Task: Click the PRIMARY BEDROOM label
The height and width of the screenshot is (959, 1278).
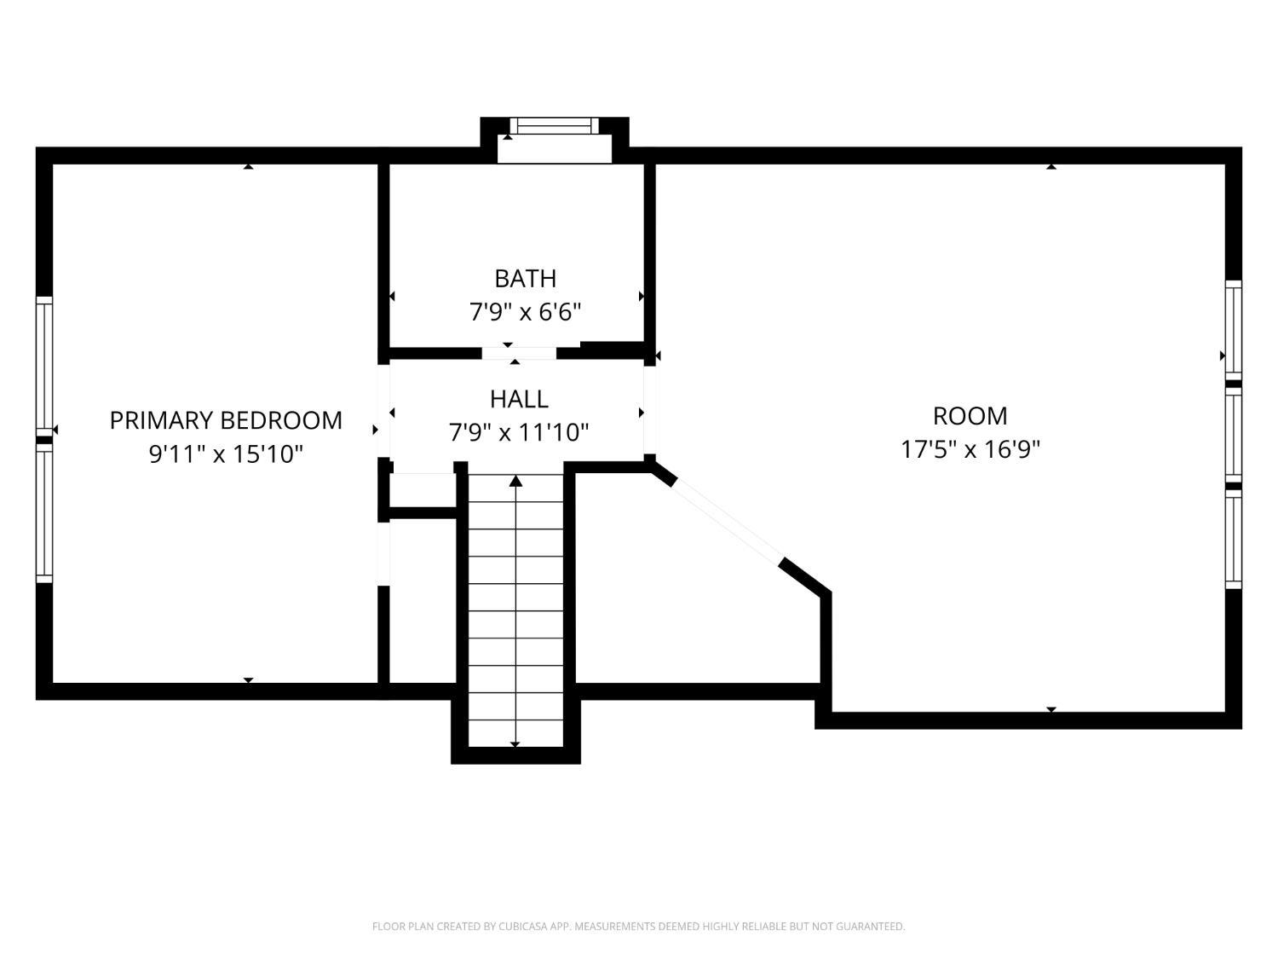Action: pos(226,420)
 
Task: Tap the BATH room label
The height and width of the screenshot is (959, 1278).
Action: pos(525,279)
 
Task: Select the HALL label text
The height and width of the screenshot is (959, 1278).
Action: pos(519,400)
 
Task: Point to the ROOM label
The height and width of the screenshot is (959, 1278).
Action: pos(970,416)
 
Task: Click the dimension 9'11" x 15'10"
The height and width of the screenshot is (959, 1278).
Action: pos(226,454)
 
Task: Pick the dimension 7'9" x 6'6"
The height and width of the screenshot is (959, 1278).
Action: pos(525,313)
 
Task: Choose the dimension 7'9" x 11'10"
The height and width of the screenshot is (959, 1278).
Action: pos(519,433)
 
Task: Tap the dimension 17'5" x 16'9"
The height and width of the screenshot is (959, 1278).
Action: pos(970,450)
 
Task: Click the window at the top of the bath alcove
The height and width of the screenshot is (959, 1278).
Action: pos(555,125)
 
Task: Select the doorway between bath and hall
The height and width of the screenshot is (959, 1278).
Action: pos(519,354)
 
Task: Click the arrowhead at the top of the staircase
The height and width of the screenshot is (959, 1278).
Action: pos(515,481)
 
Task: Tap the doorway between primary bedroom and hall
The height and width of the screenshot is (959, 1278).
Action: pos(383,411)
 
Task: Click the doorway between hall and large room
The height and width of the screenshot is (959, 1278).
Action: pos(650,411)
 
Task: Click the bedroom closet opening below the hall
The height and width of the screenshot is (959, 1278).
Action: pos(383,554)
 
